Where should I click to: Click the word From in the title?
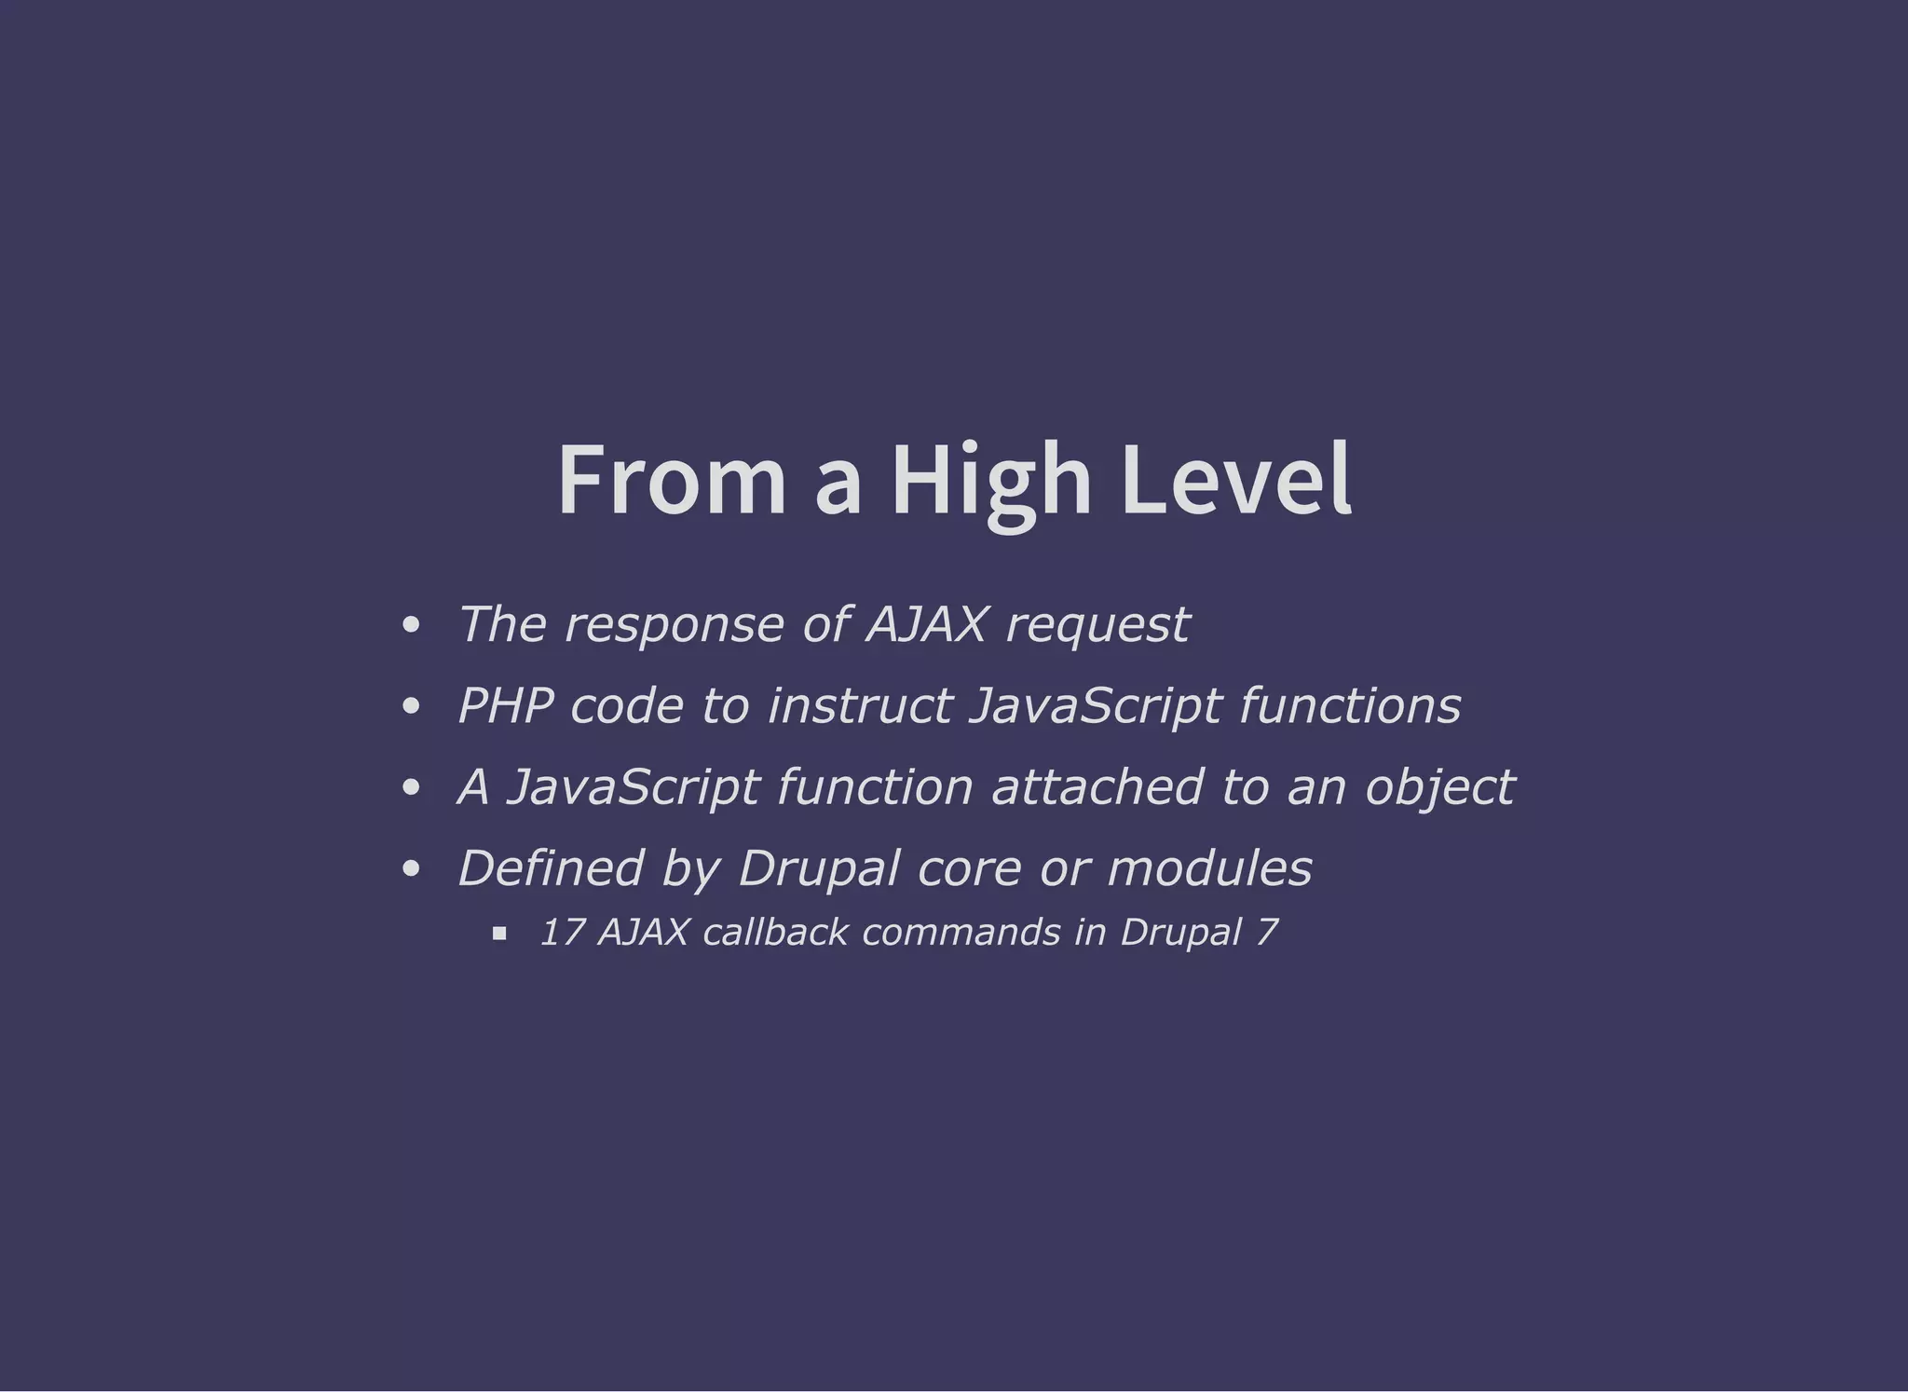click(672, 480)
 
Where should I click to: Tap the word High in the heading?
click(991, 480)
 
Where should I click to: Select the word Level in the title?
click(1235, 480)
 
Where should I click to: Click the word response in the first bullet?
click(675, 625)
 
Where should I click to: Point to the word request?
click(1097, 625)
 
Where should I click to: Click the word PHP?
click(504, 705)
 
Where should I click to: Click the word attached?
click(1097, 787)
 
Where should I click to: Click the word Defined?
click(551, 868)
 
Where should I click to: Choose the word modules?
click(1209, 868)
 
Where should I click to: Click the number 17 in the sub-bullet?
click(562, 933)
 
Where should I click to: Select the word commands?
click(961, 933)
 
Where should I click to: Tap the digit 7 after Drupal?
click(1266, 933)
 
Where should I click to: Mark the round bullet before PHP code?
click(411, 707)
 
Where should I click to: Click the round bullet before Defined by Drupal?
click(411, 870)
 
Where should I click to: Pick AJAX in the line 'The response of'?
click(925, 625)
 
